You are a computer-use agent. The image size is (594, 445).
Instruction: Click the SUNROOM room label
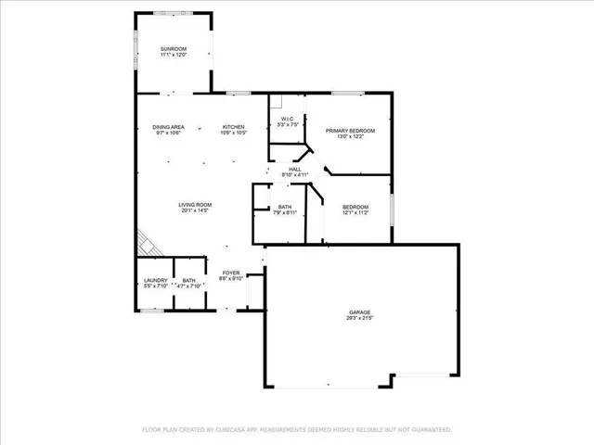(174, 47)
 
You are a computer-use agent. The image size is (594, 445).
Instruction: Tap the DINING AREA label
(169, 126)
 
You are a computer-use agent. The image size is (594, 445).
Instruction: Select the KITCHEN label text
(233, 126)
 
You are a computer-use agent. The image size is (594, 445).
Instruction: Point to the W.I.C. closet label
(288, 119)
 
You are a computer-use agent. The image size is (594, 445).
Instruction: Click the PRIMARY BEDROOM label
(350, 131)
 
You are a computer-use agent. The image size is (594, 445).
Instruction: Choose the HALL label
(294, 169)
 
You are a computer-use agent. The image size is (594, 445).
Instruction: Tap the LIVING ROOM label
(196, 204)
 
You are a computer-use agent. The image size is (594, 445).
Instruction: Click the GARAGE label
(360, 311)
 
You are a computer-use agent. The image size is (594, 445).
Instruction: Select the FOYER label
(231, 273)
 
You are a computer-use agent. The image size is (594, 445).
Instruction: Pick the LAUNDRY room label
(155, 280)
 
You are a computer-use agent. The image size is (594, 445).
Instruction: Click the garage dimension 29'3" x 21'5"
(360, 318)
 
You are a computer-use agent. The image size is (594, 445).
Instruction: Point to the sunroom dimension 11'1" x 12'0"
(174, 55)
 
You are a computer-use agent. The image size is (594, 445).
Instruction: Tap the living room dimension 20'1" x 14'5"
(196, 210)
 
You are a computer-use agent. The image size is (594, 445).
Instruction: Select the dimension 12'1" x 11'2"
(355, 212)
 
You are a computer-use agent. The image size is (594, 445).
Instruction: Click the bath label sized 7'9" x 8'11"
(285, 207)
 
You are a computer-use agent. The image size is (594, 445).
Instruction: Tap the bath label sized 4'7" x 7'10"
(189, 280)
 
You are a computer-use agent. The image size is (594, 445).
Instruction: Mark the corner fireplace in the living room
(147, 243)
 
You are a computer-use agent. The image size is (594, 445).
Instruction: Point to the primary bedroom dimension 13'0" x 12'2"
(350, 137)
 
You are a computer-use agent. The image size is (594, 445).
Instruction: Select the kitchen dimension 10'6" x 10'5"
(233, 133)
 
